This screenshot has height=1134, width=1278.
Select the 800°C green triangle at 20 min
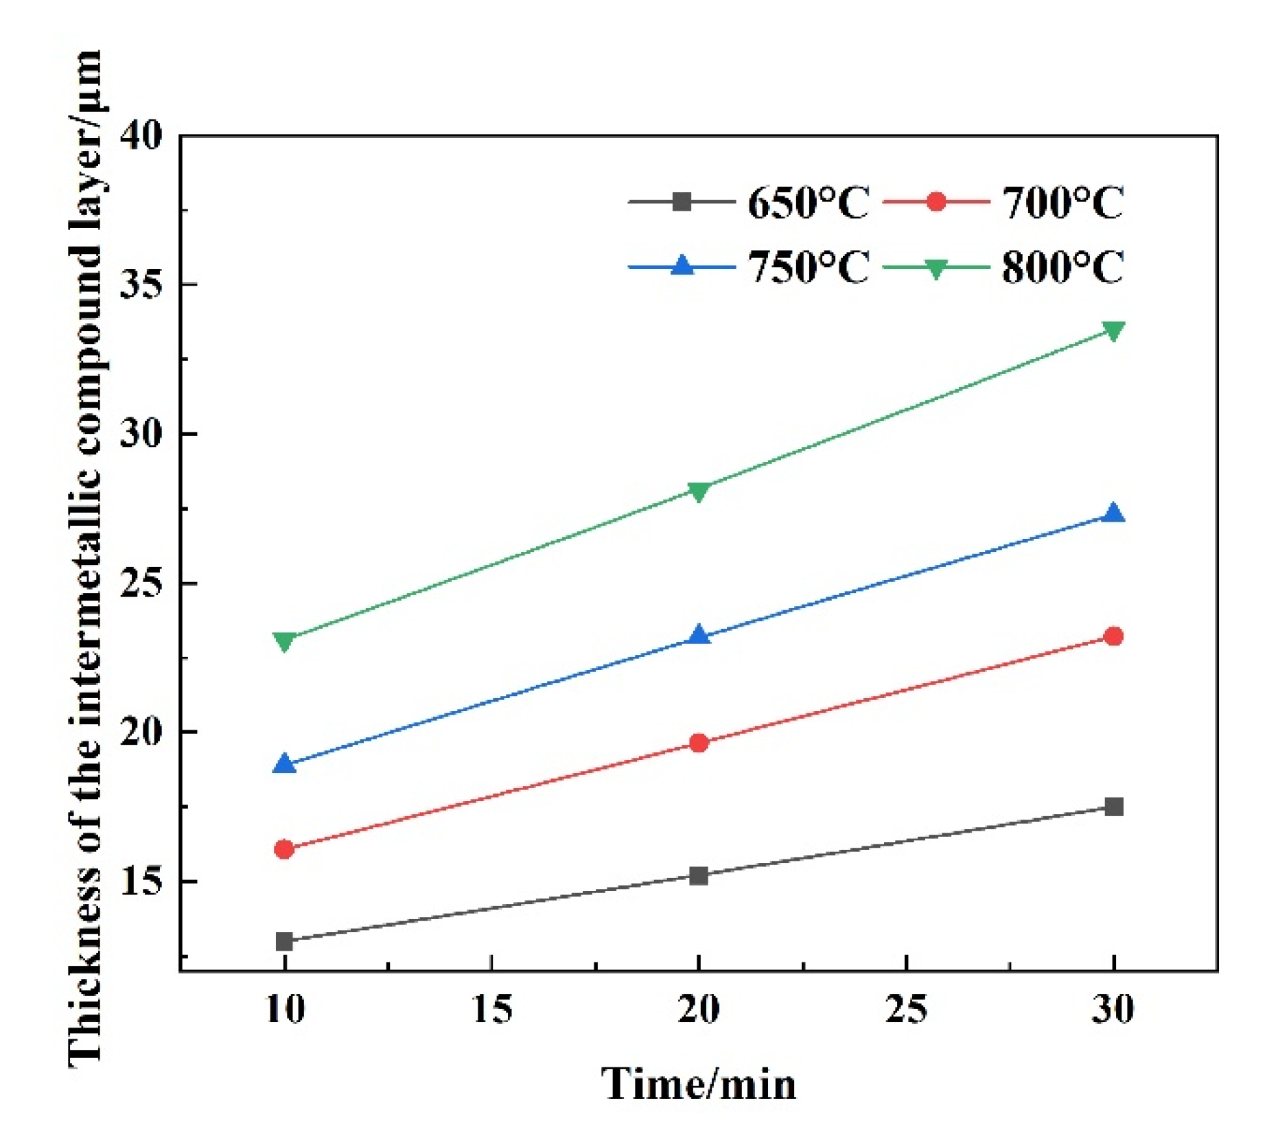[699, 491]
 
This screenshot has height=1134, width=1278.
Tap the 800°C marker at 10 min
[284, 641]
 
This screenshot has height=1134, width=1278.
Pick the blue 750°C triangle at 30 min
[1113, 514]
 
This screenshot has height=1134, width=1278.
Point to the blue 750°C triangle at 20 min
[699, 636]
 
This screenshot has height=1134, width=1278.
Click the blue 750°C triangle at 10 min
[284, 764]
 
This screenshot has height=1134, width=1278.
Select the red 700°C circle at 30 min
[1113, 636]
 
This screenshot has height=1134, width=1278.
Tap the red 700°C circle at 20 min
[699, 743]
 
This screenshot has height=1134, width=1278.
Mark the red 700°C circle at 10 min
[284, 849]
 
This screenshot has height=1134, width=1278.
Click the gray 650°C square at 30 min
[1113, 807]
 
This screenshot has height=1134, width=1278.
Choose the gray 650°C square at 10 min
[284, 941]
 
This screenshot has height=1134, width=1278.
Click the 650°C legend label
[808, 203]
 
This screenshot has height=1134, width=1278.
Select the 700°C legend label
[1062, 203]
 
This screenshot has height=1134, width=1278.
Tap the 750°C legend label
[808, 267]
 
